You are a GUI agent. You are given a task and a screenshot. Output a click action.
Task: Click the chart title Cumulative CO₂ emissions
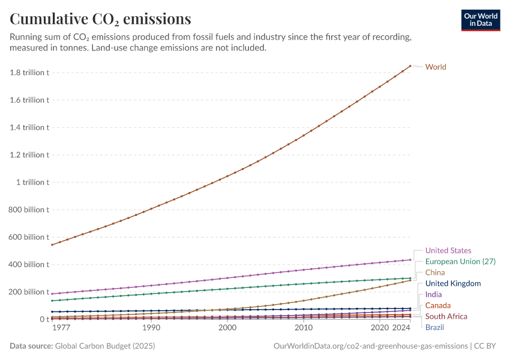[100, 19]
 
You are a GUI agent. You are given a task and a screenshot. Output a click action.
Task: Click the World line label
[436, 67]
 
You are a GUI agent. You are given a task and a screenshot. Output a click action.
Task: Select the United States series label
[448, 250]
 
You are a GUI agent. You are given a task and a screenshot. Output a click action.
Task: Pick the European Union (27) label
[460, 262]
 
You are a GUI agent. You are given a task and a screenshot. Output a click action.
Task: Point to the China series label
[435, 272]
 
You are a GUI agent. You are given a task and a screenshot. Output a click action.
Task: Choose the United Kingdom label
[453, 283]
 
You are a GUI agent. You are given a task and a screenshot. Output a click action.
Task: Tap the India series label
[434, 295]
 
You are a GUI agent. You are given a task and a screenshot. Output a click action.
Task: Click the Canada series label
[438, 305]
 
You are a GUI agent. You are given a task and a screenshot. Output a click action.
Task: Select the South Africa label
[446, 316]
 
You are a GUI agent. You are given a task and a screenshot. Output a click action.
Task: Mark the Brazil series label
[435, 328]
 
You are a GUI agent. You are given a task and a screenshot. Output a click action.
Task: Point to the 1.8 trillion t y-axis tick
[29, 73]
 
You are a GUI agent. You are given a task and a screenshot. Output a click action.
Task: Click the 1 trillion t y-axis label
[34, 182]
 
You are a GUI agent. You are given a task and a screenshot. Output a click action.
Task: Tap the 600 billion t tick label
[29, 237]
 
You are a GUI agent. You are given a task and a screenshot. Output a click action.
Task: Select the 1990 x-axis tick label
[151, 328]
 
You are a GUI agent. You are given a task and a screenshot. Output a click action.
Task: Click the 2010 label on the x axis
[304, 328]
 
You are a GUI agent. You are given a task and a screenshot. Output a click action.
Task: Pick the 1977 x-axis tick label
[61, 328]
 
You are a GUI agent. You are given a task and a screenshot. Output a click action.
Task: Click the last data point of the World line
[410, 66]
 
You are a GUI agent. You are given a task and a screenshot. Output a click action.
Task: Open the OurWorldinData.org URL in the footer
[370, 346]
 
